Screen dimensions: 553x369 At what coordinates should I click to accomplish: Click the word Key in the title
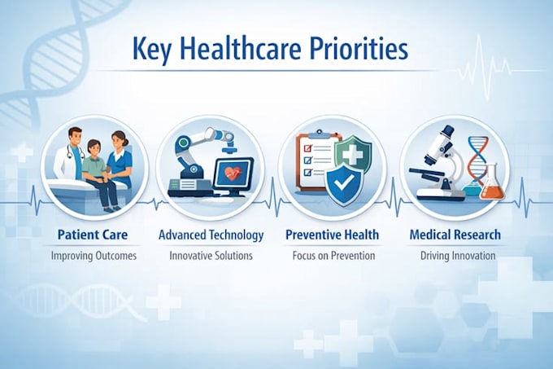152,50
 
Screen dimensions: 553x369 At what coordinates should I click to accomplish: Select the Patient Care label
93,235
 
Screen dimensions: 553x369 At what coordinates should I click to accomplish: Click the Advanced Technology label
211,235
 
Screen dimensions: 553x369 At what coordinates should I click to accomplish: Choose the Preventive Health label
333,235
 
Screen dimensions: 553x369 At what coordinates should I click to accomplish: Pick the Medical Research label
455,235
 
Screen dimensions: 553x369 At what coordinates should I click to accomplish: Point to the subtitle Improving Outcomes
94,256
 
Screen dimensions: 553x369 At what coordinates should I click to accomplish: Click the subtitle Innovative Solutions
211,255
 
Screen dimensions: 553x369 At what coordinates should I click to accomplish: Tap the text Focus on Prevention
333,255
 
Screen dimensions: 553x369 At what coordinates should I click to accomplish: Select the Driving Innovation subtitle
458,256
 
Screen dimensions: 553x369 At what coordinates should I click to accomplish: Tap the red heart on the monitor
233,173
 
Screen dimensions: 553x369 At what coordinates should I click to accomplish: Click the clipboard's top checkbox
308,148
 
